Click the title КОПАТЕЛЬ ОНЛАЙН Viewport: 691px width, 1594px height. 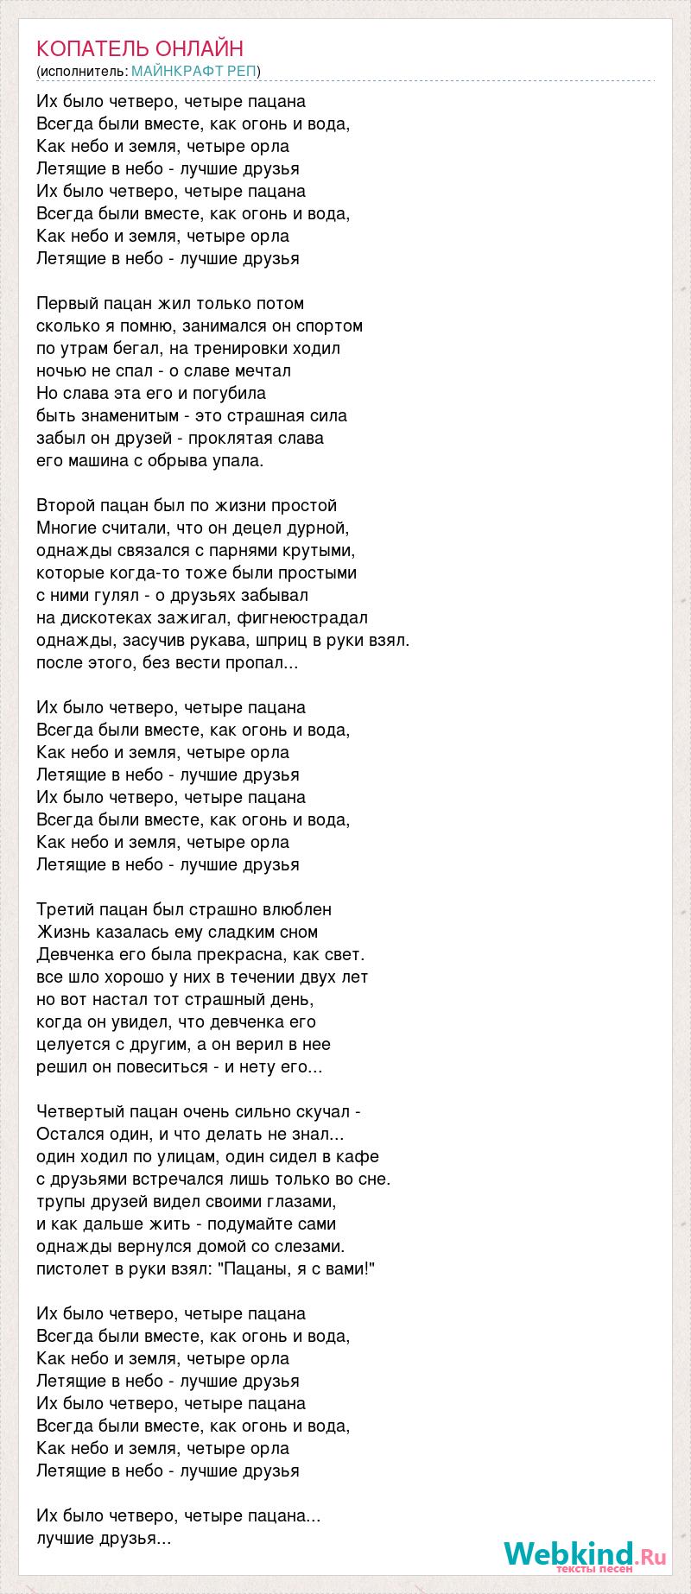[140, 48]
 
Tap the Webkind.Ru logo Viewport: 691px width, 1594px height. [585, 1555]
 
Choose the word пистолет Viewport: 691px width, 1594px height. [72, 1269]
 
